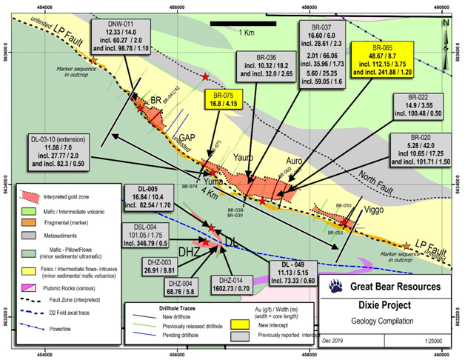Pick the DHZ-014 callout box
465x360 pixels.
(235, 278)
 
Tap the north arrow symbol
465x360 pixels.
(445, 24)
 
